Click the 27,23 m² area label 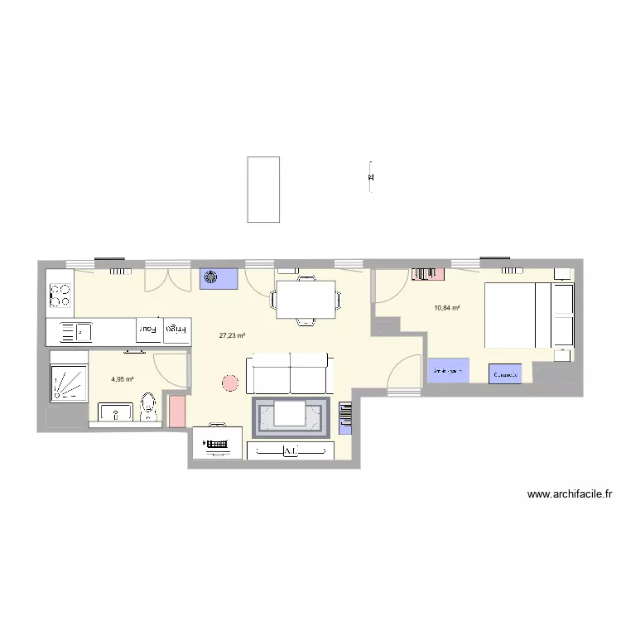click(x=232, y=336)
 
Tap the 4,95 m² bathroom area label click(x=123, y=380)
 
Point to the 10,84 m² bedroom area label click(x=446, y=309)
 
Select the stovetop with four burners click(x=60, y=292)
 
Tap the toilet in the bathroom click(x=149, y=406)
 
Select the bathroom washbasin click(x=117, y=412)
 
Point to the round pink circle click(x=230, y=383)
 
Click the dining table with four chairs click(x=306, y=299)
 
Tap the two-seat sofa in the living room click(x=289, y=373)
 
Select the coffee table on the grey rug click(x=291, y=413)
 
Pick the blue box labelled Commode click(x=505, y=374)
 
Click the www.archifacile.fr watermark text click(x=569, y=495)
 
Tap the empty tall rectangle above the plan click(x=263, y=189)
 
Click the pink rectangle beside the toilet click(x=176, y=411)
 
